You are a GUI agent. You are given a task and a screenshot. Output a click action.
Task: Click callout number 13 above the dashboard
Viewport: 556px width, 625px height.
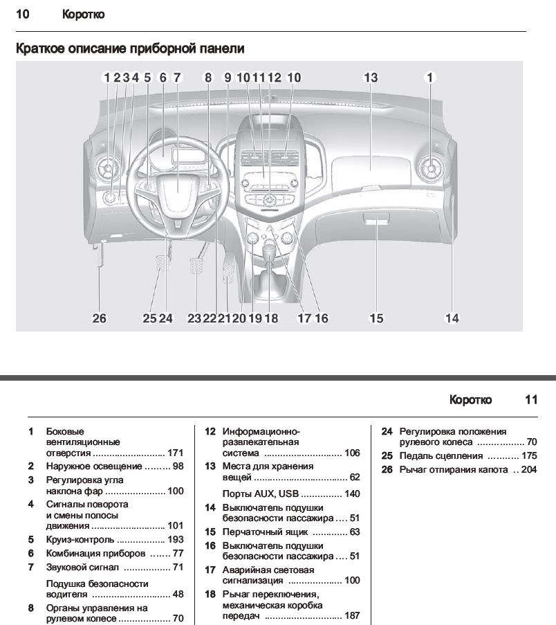(371, 78)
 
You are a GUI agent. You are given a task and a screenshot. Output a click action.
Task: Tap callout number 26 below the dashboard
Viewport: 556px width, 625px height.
(100, 318)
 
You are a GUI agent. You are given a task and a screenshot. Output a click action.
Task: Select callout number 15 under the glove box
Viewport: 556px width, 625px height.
(376, 318)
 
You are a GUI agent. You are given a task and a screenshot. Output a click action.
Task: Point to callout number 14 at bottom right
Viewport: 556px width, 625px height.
(452, 318)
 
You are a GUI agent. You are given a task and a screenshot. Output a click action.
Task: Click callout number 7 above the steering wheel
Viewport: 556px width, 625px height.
(177, 78)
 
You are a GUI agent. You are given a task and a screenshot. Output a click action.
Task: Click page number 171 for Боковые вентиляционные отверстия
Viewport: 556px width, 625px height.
(176, 453)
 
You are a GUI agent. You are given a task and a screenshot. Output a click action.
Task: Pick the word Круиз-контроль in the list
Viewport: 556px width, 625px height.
(80, 540)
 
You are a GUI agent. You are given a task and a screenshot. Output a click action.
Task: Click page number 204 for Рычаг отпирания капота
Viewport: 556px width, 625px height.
(529, 470)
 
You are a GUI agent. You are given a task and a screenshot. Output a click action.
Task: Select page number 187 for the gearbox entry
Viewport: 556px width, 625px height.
(352, 616)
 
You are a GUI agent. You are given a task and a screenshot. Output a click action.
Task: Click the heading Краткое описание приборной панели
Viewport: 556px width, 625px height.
(130, 49)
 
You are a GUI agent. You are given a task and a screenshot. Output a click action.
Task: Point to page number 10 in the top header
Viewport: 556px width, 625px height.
(22, 14)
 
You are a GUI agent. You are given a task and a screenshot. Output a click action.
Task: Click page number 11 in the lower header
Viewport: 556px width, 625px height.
(530, 400)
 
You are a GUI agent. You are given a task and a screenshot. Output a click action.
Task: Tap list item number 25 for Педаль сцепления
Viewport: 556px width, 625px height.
(387, 456)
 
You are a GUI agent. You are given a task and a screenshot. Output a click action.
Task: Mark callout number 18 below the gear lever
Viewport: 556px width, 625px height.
(270, 318)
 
